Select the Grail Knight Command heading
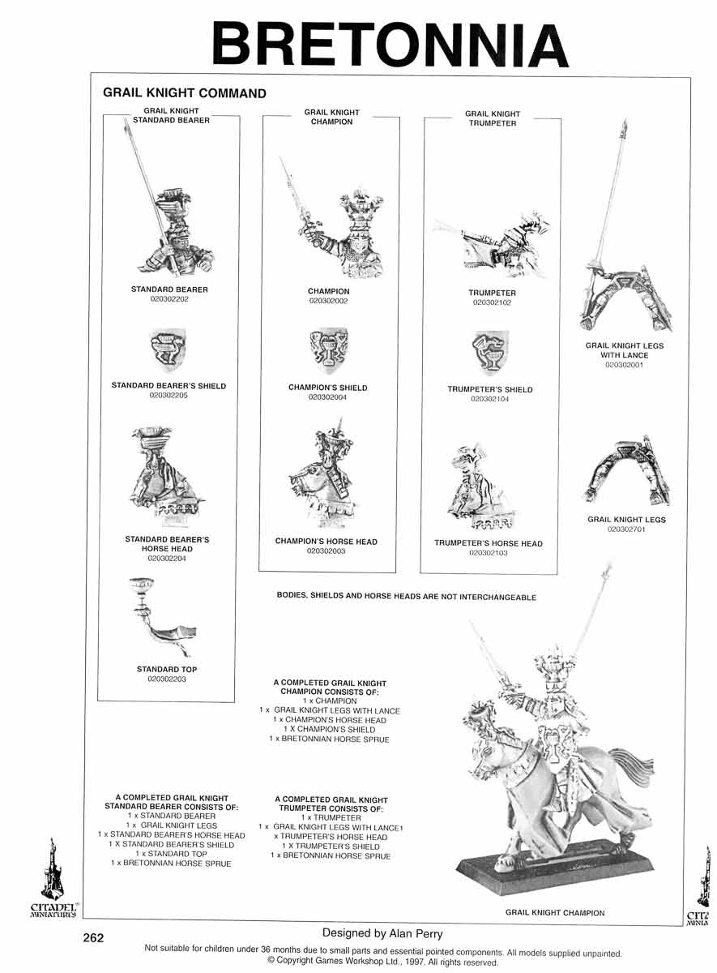185,93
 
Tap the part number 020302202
169,299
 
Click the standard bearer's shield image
169,349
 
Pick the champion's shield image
329,349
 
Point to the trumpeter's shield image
490,352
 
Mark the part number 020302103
489,553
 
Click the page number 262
93,938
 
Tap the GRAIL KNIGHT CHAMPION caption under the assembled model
555,913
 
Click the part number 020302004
327,397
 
